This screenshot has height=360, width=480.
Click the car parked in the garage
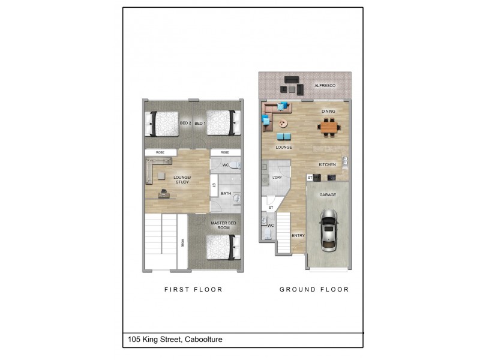click(x=328, y=230)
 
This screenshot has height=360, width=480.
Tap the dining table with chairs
click(x=328, y=126)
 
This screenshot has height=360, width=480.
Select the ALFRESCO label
click(x=325, y=86)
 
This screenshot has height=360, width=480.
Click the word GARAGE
click(x=328, y=195)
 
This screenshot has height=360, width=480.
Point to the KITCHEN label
click(x=327, y=164)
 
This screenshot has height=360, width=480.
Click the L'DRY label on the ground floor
click(x=277, y=178)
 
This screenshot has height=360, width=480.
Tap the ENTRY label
click(x=298, y=236)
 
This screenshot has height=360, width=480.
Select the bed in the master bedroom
click(x=223, y=247)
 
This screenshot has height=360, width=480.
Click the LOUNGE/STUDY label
click(x=182, y=179)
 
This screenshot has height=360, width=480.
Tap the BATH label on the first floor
click(x=226, y=193)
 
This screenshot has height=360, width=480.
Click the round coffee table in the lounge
click(x=283, y=124)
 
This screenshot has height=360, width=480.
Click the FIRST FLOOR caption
click(x=193, y=289)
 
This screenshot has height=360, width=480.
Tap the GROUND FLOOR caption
click(x=314, y=289)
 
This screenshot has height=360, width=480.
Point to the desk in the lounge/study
click(x=163, y=193)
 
